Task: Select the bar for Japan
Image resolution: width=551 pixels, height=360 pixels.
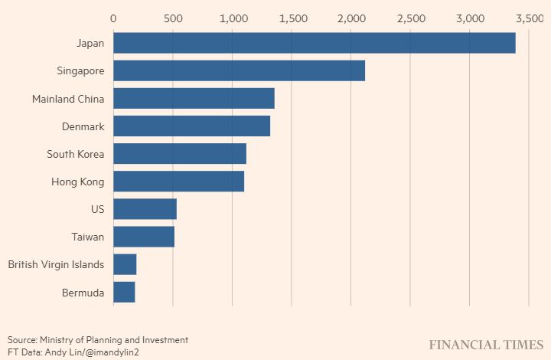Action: point(314,43)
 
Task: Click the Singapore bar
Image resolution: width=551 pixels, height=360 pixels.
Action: point(239,70)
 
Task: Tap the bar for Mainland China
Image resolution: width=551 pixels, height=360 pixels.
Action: point(194,98)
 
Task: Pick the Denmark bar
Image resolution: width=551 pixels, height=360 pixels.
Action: point(191,126)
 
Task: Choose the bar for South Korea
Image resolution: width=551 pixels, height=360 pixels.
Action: point(180,154)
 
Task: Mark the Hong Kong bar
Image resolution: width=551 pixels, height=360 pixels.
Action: point(178,182)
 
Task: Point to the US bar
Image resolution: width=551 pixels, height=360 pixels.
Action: point(145,209)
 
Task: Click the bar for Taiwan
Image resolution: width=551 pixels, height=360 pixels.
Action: point(144,237)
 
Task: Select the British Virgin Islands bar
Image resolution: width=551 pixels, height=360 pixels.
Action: point(125,264)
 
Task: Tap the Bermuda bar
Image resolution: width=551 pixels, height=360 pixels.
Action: point(124,292)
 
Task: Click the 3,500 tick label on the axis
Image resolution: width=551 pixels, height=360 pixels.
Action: point(529,18)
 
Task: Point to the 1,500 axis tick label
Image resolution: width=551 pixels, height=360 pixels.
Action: point(292,18)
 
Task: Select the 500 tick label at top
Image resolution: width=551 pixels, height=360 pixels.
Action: point(173,18)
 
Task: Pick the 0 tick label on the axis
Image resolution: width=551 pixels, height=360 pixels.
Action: point(114,18)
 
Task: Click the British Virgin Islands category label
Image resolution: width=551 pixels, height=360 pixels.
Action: point(56,264)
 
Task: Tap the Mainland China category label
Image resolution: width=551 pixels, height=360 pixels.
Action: point(68,99)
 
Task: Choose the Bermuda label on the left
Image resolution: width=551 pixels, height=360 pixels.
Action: point(83,292)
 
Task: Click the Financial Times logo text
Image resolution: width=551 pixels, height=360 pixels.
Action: point(485,345)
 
